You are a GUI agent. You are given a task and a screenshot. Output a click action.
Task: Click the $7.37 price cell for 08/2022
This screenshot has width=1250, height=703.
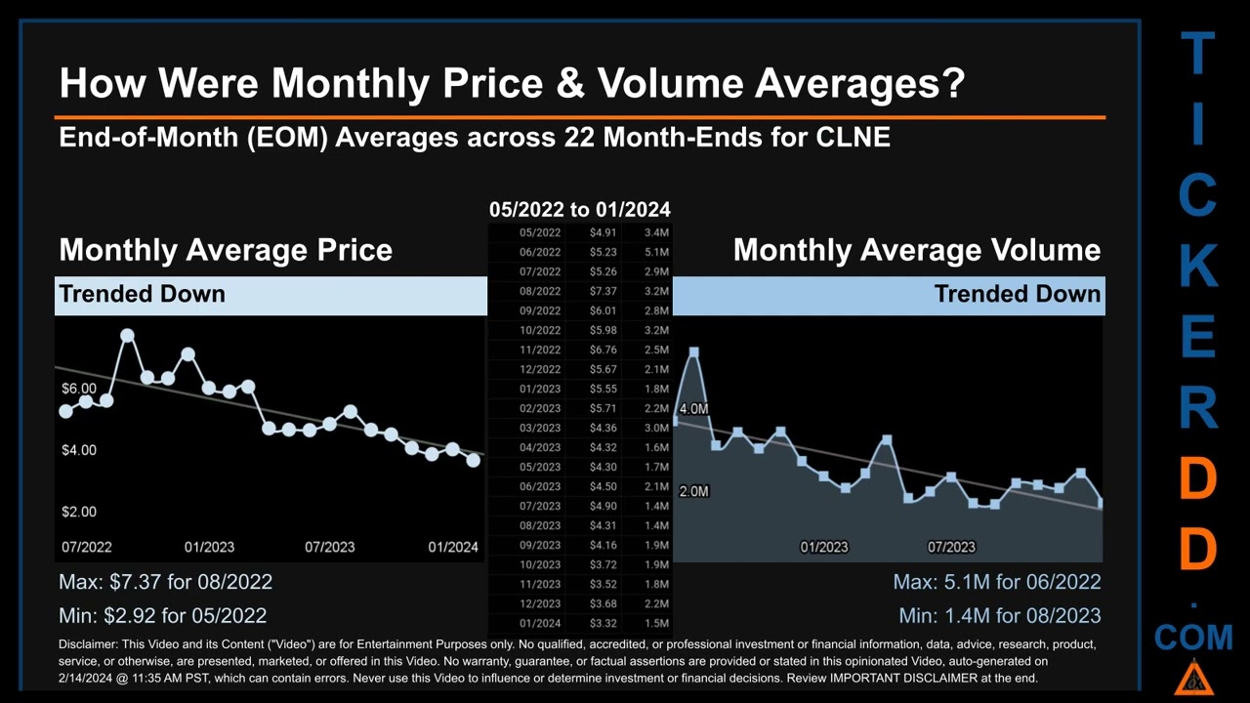603,291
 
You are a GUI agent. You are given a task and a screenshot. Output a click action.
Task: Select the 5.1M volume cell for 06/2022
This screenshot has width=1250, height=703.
656,252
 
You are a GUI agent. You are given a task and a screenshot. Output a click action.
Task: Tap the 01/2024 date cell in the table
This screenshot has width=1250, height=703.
540,623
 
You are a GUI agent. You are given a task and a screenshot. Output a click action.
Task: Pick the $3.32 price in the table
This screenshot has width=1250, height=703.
603,623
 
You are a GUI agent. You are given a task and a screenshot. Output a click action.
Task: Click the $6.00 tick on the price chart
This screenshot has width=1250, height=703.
79,389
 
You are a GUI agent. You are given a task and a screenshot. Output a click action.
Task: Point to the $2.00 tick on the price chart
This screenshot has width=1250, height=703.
79,512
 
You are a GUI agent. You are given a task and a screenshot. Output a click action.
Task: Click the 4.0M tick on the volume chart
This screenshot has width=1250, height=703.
693,409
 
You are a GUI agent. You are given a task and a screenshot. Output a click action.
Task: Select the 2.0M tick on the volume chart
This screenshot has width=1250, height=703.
693,491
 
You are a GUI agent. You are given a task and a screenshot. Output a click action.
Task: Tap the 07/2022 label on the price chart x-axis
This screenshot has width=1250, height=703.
86,547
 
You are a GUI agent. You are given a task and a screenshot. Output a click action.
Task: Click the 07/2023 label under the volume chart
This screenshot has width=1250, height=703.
951,547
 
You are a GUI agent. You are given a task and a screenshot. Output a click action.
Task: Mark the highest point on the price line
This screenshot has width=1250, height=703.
127,336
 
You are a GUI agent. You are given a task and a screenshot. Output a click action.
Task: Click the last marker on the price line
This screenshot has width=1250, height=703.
474,460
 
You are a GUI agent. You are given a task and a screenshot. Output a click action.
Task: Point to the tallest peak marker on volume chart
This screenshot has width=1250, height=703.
693,351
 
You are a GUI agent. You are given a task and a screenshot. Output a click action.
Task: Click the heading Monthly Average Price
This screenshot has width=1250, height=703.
226,250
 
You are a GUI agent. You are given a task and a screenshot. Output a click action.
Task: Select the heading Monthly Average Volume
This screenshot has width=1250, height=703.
916,250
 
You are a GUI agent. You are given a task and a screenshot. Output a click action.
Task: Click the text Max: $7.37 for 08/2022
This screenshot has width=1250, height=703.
165,582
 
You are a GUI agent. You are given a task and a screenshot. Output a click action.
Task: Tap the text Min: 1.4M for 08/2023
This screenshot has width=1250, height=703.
999,616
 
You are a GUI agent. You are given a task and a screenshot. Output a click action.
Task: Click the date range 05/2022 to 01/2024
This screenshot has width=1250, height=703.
579,209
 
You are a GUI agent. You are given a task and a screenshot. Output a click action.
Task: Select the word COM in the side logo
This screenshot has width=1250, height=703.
1193,639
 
